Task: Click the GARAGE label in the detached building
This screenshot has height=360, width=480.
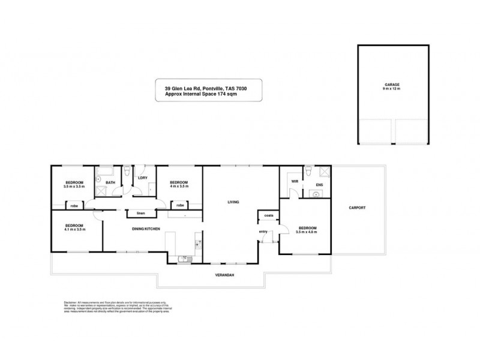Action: pos(393,85)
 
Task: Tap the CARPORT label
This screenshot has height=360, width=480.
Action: pos(357,208)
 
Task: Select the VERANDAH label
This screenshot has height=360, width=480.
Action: pos(224,275)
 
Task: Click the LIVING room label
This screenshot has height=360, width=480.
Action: pos(233,202)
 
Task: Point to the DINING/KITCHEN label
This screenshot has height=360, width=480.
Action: pos(146,229)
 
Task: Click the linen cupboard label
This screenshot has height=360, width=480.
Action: pos(141,213)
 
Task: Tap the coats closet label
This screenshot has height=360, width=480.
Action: pos(268,215)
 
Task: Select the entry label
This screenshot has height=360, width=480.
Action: pos(263,232)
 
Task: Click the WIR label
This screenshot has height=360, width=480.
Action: pos(295,181)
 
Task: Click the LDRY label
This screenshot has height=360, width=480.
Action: pos(143,178)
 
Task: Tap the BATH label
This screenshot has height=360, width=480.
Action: pos(110,182)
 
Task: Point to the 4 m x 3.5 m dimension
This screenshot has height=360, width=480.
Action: pos(179,187)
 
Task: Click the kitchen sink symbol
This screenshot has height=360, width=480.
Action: pos(184,259)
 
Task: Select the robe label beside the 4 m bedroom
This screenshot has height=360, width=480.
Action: pos(180,205)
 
